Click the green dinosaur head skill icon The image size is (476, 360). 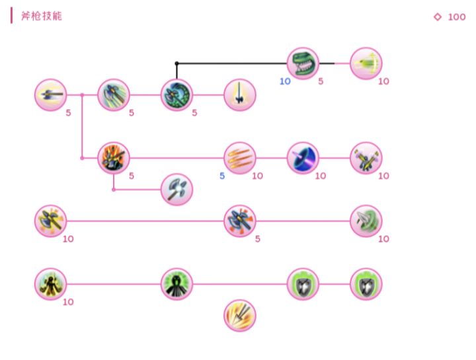click(x=303, y=63)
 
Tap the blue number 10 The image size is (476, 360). click(x=285, y=81)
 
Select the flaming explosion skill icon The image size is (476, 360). click(x=114, y=159)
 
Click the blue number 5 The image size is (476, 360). click(x=222, y=176)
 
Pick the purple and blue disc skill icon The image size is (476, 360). click(x=303, y=159)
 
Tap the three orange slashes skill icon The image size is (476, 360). click(x=239, y=159)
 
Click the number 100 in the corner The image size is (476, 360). click(x=457, y=17)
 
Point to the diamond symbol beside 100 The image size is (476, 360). click(x=438, y=17)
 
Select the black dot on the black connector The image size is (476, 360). click(x=177, y=63)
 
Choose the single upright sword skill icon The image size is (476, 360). click(x=239, y=95)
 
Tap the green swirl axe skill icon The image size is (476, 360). click(x=177, y=95)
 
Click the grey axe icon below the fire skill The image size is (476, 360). click(x=177, y=190)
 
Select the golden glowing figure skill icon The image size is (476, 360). click(x=50, y=284)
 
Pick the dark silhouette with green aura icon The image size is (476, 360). click(x=177, y=284)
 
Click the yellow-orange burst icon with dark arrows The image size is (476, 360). click(x=239, y=316)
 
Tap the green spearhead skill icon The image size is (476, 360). click(x=366, y=221)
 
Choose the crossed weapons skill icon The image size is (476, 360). click(x=366, y=159)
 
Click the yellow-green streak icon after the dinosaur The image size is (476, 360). click(x=366, y=63)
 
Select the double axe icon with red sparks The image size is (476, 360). click(x=239, y=221)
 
